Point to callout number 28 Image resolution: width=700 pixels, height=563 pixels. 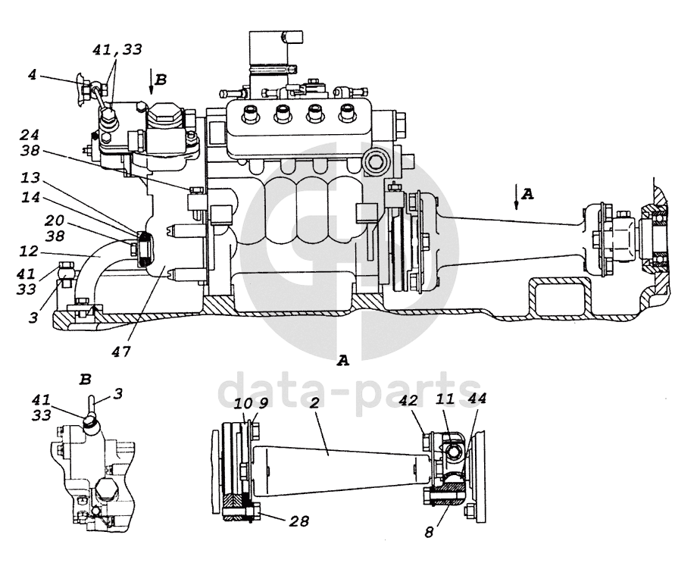point(299,521)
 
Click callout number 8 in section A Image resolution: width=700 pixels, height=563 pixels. point(430,531)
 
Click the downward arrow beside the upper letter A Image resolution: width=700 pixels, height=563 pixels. point(515,196)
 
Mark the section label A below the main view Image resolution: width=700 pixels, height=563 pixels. point(342,361)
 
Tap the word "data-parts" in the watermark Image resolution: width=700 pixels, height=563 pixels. point(348,391)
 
